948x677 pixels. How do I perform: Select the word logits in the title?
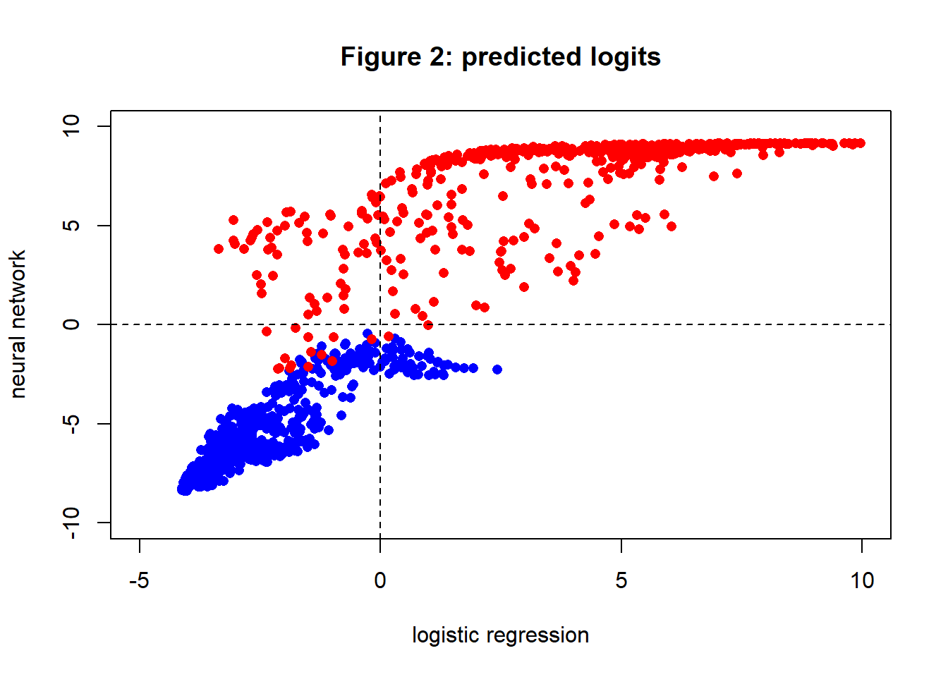point(624,57)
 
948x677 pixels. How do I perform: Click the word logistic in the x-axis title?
point(444,635)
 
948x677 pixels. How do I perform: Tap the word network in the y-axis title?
point(18,290)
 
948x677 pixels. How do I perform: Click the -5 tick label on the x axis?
point(139,580)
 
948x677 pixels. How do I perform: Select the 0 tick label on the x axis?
point(380,580)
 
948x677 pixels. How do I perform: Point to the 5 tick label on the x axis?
point(621,580)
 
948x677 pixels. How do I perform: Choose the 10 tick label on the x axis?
point(861,580)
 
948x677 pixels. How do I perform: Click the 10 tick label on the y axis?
point(71,126)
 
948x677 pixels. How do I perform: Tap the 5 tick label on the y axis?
point(71,226)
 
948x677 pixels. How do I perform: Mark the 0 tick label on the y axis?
point(71,324)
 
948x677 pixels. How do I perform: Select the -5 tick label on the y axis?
point(71,423)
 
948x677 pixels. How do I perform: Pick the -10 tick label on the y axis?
point(71,523)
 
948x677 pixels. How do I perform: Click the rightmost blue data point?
point(497,370)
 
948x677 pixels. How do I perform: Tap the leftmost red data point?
point(219,249)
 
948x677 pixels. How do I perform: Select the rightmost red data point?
point(860,143)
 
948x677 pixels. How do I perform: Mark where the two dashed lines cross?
point(380,324)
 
